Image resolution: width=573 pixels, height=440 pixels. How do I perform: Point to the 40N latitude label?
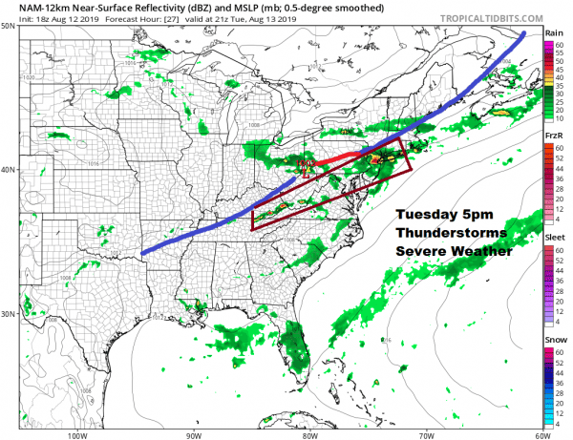coord(9,170)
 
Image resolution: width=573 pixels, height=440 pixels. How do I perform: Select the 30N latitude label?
coord(9,314)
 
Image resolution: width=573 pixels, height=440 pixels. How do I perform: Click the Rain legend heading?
coord(552,32)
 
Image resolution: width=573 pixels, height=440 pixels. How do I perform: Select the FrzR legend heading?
coord(552,137)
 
